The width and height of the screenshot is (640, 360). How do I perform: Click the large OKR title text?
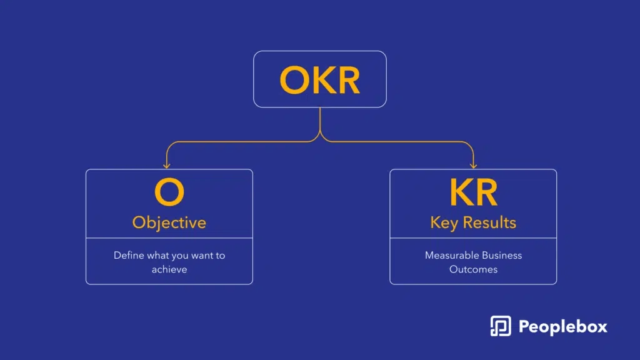319,81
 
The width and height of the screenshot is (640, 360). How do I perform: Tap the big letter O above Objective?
169,192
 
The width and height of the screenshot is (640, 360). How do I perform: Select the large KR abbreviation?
474,192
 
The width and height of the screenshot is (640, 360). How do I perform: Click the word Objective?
169,223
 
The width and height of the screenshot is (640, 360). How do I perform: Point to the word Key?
444,223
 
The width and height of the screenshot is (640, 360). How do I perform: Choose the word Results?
489,223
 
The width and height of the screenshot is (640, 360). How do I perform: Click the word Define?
129,256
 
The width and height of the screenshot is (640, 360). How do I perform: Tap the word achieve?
169,269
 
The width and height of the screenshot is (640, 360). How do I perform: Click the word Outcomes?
474,269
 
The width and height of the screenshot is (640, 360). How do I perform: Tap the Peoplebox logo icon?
501,326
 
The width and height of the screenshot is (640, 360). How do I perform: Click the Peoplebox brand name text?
563,327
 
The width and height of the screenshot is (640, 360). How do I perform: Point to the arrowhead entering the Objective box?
166,165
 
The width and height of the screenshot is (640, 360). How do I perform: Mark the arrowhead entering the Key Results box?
474,165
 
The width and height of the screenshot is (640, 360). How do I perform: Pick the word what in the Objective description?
157,256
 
